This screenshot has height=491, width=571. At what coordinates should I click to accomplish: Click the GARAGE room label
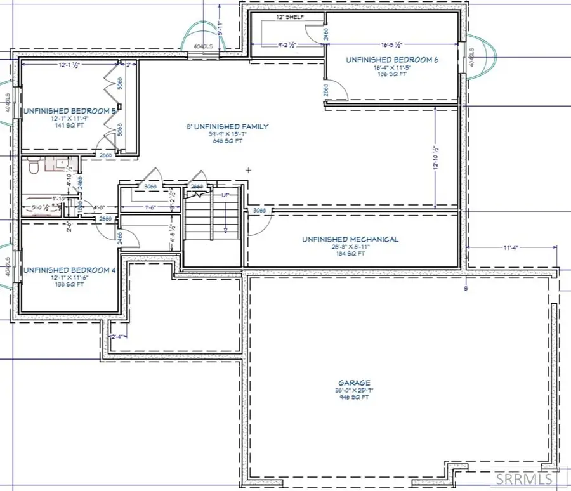coord(353,383)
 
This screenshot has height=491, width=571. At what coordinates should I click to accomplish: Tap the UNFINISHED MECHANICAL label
coord(350,239)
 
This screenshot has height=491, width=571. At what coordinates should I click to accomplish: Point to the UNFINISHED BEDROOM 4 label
coord(69,270)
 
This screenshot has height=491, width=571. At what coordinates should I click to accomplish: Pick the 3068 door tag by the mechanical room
coord(259,210)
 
